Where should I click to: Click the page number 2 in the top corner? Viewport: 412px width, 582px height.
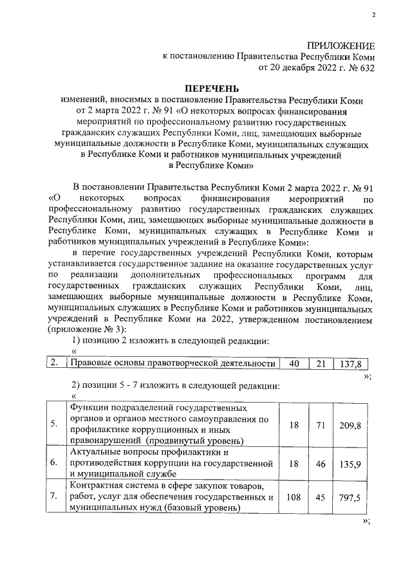click(373, 15)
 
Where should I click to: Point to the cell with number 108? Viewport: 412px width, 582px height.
click(294, 496)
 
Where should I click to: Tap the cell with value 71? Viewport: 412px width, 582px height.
click(321, 425)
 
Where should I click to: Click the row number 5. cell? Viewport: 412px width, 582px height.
click(53, 425)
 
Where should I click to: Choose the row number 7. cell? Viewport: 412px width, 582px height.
click(53, 496)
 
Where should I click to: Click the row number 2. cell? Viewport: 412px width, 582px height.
click(54, 363)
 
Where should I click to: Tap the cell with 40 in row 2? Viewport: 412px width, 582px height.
click(294, 363)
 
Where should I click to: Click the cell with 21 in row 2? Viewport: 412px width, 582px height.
click(321, 363)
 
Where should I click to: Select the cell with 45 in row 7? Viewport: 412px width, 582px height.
click(321, 496)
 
